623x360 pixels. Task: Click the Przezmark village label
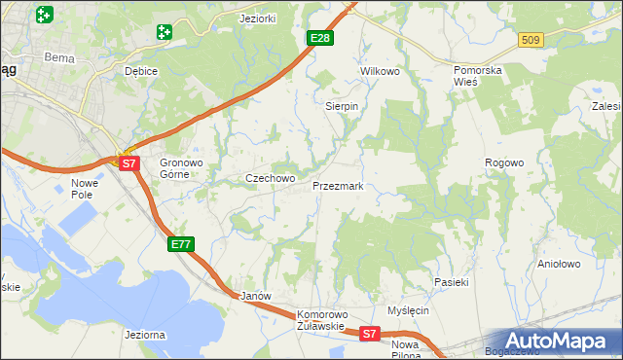(337, 185)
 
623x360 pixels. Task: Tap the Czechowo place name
(270, 179)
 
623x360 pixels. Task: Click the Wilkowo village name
(381, 72)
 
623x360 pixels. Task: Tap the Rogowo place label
(504, 163)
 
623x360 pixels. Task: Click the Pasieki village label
(452, 282)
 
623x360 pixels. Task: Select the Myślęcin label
(408, 310)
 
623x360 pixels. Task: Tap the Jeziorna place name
(145, 335)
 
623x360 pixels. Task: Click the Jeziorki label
(258, 18)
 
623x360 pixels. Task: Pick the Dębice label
(141, 71)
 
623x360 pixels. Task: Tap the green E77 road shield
(180, 243)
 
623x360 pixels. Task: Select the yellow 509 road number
(530, 40)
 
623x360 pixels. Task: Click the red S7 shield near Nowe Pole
(129, 163)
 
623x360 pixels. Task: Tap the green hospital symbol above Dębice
(164, 32)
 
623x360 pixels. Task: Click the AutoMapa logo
(559, 341)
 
